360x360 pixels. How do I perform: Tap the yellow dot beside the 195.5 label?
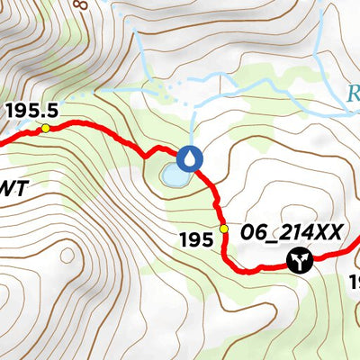pyautogui.click(x=45, y=129)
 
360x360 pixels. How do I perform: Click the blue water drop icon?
pyautogui.click(x=189, y=158)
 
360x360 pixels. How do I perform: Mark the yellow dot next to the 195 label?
pyautogui.click(x=224, y=229)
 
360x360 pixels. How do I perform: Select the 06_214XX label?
pyautogui.click(x=291, y=232)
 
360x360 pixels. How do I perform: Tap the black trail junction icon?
pyautogui.click(x=297, y=261)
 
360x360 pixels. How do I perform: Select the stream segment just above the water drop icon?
pyautogui.click(x=193, y=126)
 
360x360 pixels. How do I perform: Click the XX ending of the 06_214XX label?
pyautogui.click(x=329, y=232)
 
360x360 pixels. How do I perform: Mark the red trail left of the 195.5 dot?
pyautogui.click(x=18, y=136)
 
